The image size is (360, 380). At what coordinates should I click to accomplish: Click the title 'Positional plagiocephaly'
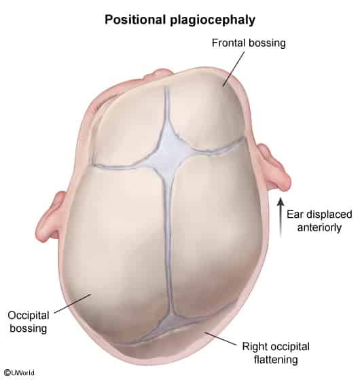point(180,20)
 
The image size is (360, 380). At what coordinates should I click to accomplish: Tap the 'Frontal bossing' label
point(249,43)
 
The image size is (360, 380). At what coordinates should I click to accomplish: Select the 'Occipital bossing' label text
point(29,322)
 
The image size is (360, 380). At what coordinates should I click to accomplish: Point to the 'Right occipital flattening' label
point(276,353)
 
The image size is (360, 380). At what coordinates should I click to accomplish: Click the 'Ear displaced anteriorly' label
point(319,221)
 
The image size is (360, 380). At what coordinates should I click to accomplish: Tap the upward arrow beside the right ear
point(281,217)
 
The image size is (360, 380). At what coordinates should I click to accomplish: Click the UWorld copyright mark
point(19,373)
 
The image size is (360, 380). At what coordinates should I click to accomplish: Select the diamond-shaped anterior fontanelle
point(168,152)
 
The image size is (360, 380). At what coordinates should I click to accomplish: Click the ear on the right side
point(275,167)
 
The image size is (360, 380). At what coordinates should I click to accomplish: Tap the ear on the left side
point(50,216)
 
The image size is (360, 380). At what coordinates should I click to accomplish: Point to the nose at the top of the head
point(158,73)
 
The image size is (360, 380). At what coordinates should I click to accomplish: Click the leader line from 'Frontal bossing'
point(234,69)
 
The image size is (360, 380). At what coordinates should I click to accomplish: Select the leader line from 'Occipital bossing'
point(73,303)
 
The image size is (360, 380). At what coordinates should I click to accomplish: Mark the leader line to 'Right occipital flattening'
point(221,339)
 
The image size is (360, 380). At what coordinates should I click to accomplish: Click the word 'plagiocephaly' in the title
point(213,20)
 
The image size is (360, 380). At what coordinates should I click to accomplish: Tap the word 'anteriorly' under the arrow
point(319,227)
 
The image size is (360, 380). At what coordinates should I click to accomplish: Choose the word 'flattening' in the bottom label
point(276,360)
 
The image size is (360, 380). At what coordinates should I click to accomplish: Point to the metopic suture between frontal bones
point(166,104)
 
